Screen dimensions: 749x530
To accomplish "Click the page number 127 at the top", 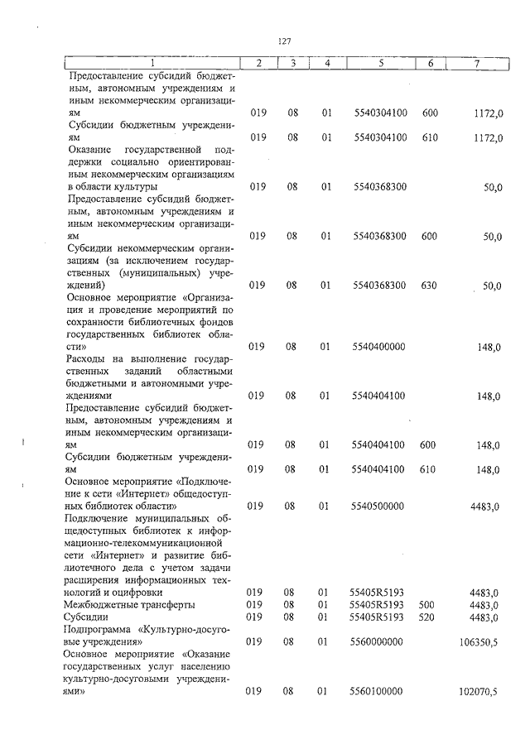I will coord(286,41).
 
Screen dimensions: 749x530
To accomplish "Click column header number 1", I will coord(152,63).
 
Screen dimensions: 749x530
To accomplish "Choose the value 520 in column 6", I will coord(427,617).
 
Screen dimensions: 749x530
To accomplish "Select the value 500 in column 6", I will coord(427,605).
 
